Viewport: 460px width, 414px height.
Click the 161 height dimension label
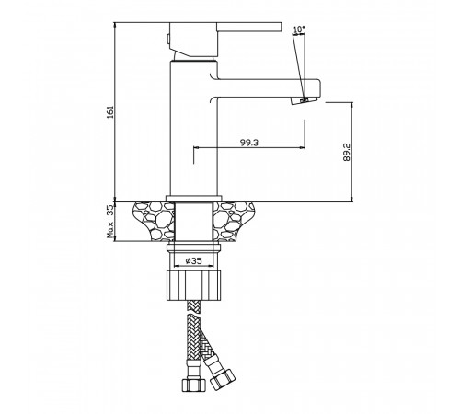click(x=110, y=112)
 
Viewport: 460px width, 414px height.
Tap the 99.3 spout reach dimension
click(x=249, y=143)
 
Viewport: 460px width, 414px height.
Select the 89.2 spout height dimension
click(x=347, y=152)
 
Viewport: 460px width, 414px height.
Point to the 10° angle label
click(x=299, y=29)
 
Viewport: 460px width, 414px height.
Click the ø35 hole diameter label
click(x=193, y=260)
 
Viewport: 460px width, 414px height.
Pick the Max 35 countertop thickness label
click(x=110, y=222)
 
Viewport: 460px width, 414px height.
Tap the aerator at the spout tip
click(x=305, y=100)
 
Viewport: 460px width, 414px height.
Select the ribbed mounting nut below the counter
click(x=193, y=285)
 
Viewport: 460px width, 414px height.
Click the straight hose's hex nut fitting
click(x=193, y=385)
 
